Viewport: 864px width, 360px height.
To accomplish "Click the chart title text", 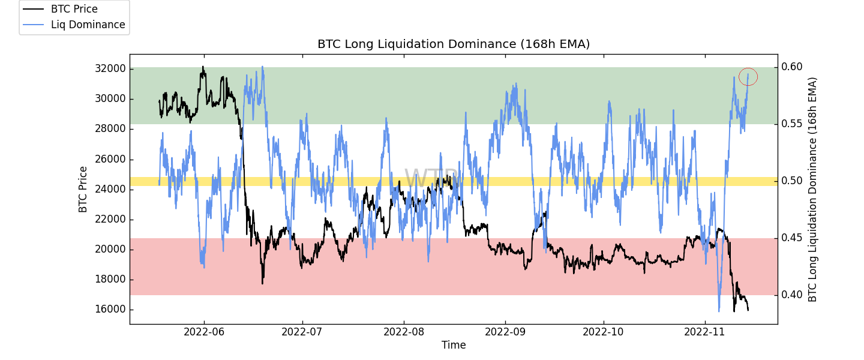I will (x=454, y=44).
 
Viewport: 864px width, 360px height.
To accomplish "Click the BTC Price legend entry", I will (x=74, y=10).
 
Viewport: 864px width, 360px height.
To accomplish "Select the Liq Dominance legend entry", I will (x=88, y=25).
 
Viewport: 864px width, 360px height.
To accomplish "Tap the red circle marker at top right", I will (x=748, y=77).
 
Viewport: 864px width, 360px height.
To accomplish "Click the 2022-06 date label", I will (x=203, y=331).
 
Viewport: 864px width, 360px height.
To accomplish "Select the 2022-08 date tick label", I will (x=404, y=331).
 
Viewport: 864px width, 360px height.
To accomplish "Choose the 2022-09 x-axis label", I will (x=505, y=331).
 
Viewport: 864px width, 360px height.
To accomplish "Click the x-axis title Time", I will (x=454, y=345).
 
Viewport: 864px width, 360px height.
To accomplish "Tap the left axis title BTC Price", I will (x=83, y=189).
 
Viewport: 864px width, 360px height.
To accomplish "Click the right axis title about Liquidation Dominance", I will (x=813, y=189).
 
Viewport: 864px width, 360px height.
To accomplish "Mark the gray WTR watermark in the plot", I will (x=431, y=179).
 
